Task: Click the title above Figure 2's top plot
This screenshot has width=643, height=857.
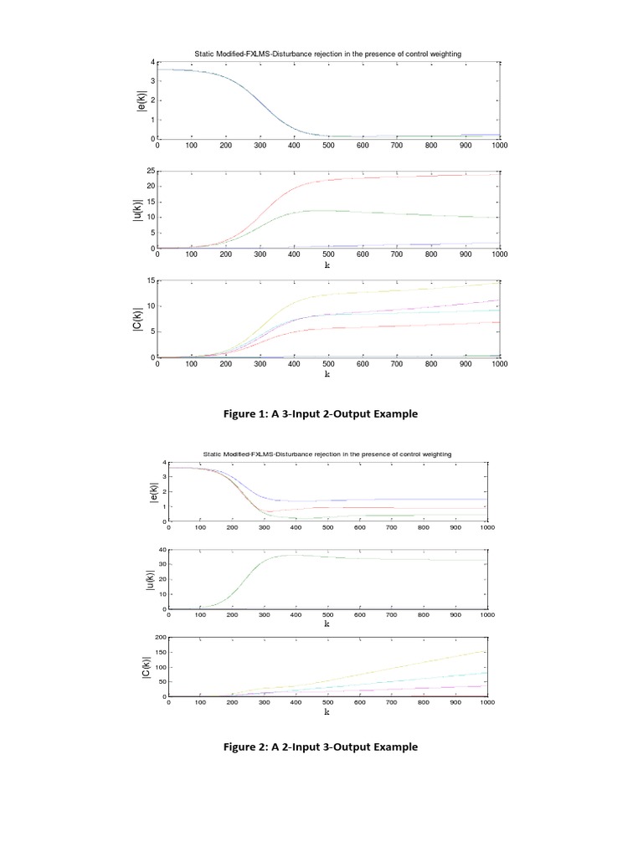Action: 327,454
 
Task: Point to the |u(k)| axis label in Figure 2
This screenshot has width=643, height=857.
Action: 151,579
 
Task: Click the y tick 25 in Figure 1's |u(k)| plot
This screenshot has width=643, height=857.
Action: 151,172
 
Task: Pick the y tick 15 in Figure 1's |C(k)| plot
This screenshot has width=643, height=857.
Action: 151,281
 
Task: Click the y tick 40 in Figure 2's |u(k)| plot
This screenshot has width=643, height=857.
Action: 161,551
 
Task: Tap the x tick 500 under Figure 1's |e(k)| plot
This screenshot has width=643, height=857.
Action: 328,146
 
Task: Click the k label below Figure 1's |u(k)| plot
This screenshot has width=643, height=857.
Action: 328,264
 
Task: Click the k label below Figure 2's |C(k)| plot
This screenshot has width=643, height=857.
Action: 327,713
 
